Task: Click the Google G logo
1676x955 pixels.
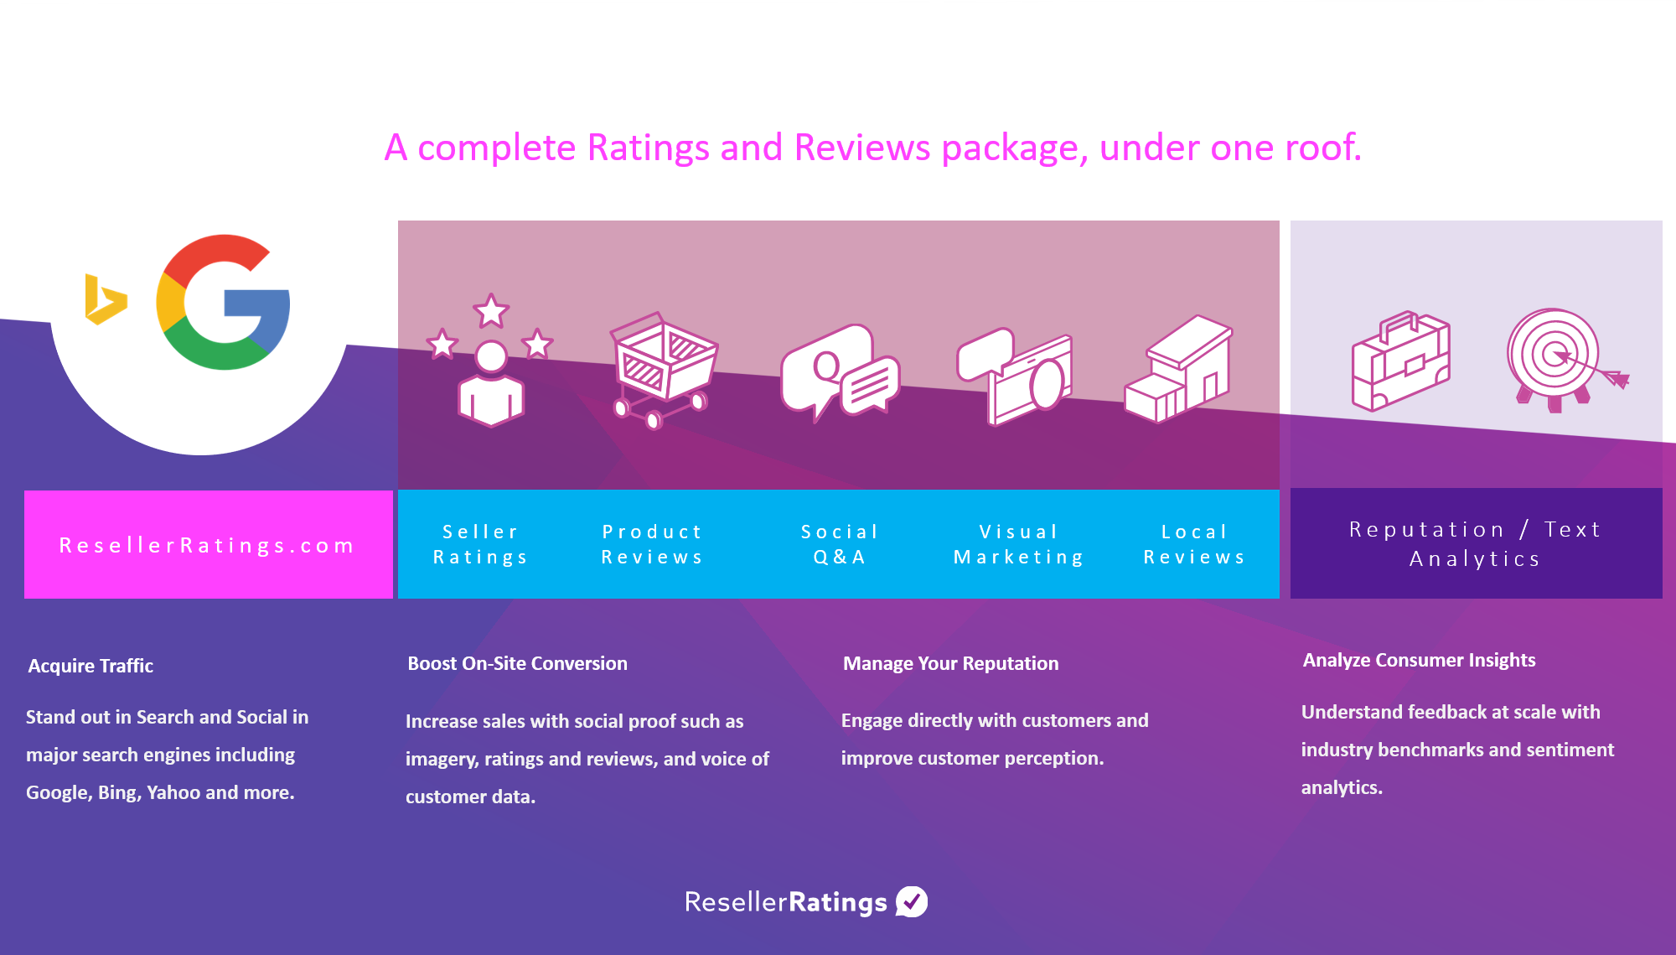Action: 223,302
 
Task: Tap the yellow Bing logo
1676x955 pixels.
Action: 106,299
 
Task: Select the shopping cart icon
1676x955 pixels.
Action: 663,370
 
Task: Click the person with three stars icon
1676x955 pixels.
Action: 490,360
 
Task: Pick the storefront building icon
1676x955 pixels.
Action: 1178,369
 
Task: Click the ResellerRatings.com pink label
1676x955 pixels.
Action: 208,545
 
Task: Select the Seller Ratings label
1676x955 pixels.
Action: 480,544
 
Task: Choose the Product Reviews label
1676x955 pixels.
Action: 652,544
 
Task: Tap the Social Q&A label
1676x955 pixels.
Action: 840,544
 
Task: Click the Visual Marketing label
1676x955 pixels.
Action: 1019,544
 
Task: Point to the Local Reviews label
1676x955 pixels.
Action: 1195,544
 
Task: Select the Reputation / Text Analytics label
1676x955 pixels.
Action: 1476,544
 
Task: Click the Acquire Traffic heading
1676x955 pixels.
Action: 91,666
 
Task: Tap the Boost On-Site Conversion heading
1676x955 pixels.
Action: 517,663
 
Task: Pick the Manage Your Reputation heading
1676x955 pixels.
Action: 951,663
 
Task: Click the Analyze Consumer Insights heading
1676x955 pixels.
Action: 1419,660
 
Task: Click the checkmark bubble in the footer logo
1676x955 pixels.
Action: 912,901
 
